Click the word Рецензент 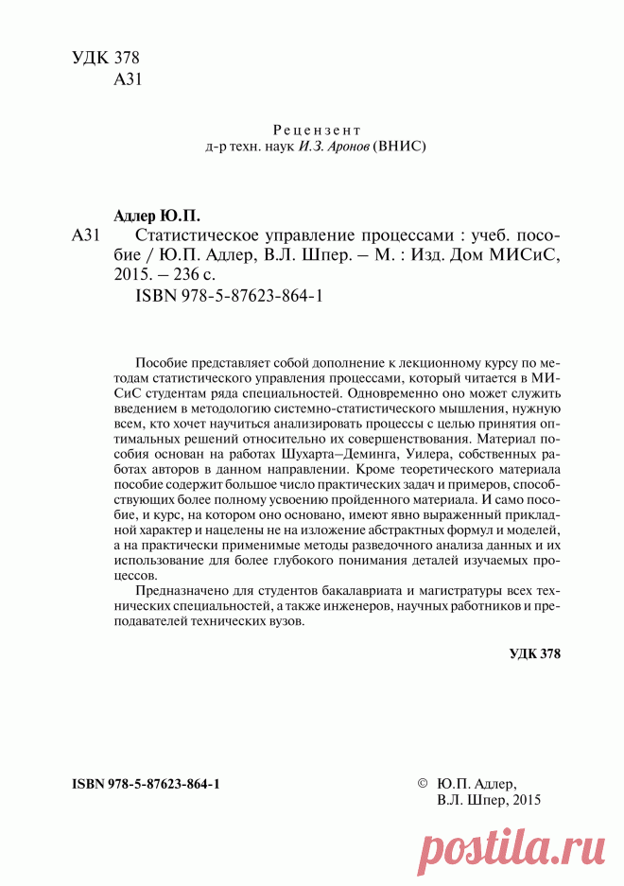click(x=317, y=130)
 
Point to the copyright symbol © click(x=422, y=784)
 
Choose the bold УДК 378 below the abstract click(x=534, y=653)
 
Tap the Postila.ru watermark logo click(x=510, y=842)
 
